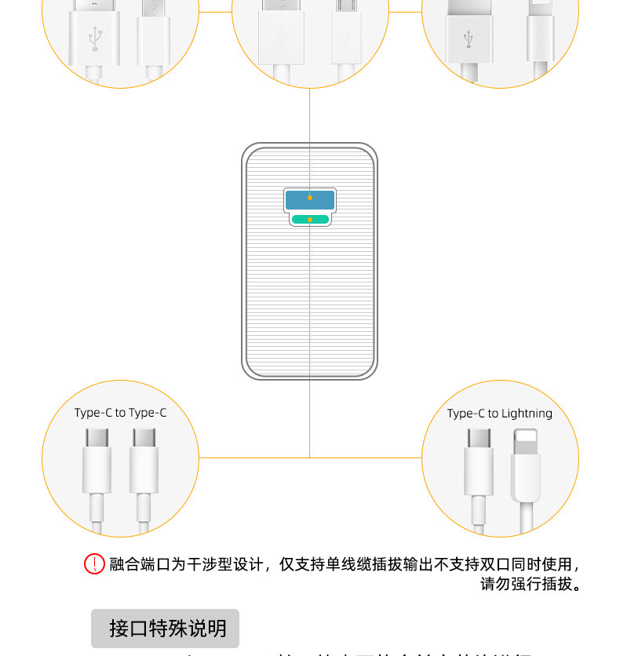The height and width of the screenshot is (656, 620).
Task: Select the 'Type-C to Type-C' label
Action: (x=120, y=413)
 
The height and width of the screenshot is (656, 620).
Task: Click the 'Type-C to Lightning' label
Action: (x=499, y=414)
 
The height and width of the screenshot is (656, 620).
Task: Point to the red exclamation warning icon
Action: (x=94, y=563)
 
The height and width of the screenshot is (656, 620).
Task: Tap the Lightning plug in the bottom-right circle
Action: (x=526, y=467)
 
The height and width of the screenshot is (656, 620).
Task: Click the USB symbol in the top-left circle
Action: (x=95, y=35)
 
